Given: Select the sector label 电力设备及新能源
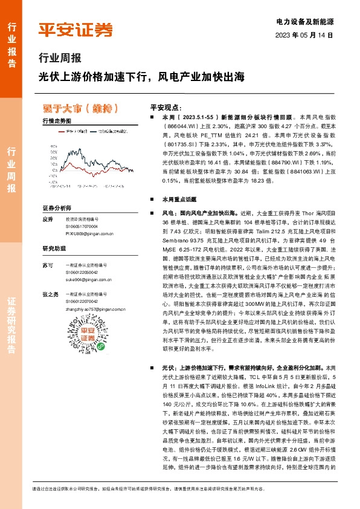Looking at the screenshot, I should pos(306,21).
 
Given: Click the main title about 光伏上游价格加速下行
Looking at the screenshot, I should pos(142,77).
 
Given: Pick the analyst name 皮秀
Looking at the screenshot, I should pos(48,219).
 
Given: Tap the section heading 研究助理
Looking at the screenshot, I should pos(54,248).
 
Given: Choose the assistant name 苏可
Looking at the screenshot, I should pos(48,265).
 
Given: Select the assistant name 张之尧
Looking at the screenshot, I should pos(50,294).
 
